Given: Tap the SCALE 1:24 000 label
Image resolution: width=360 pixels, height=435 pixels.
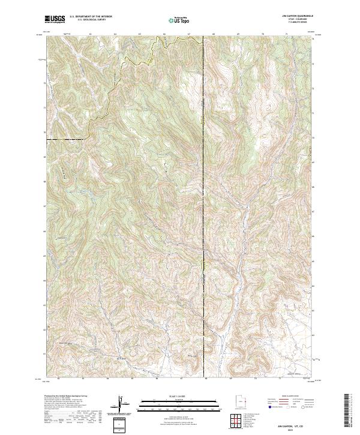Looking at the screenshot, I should point(179,395).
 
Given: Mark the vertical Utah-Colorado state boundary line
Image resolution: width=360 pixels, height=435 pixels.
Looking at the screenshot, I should point(203,180).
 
